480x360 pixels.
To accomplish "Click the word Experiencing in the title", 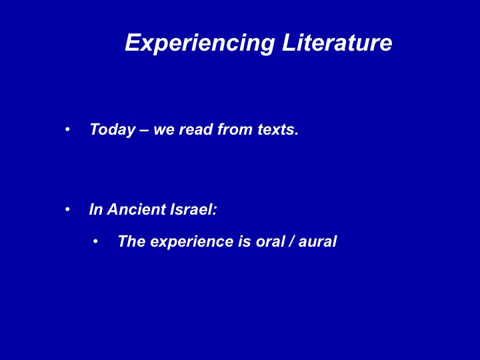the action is click(199, 43).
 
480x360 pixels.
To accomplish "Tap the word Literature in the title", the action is click(337, 42).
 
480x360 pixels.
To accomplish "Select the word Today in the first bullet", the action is click(113, 130).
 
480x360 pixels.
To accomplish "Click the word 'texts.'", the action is click(277, 130).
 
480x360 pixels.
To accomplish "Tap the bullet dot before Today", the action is click(67, 129).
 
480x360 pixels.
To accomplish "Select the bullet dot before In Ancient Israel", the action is click(67, 210).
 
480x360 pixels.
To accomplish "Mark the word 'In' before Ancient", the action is click(95, 209).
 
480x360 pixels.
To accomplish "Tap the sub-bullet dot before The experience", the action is click(95, 242).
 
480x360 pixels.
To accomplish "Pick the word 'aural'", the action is click(317, 241).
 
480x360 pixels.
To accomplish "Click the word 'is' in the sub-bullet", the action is click(245, 241).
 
